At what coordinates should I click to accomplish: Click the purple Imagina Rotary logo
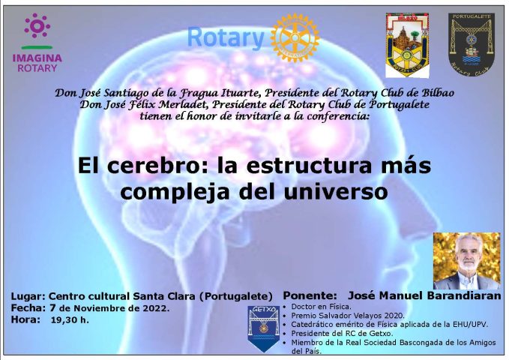[37, 43]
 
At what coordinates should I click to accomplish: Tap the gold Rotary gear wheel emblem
[295, 37]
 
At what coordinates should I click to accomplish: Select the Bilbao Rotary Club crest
[407, 45]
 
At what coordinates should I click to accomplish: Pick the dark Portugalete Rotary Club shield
[472, 44]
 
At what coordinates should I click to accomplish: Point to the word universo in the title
[336, 192]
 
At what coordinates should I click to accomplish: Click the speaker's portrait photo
[466, 261]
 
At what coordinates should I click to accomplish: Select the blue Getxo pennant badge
[264, 328]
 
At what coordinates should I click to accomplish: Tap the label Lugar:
[27, 297]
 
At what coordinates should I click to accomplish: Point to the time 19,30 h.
[70, 320]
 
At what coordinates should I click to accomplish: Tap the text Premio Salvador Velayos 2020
[348, 316]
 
